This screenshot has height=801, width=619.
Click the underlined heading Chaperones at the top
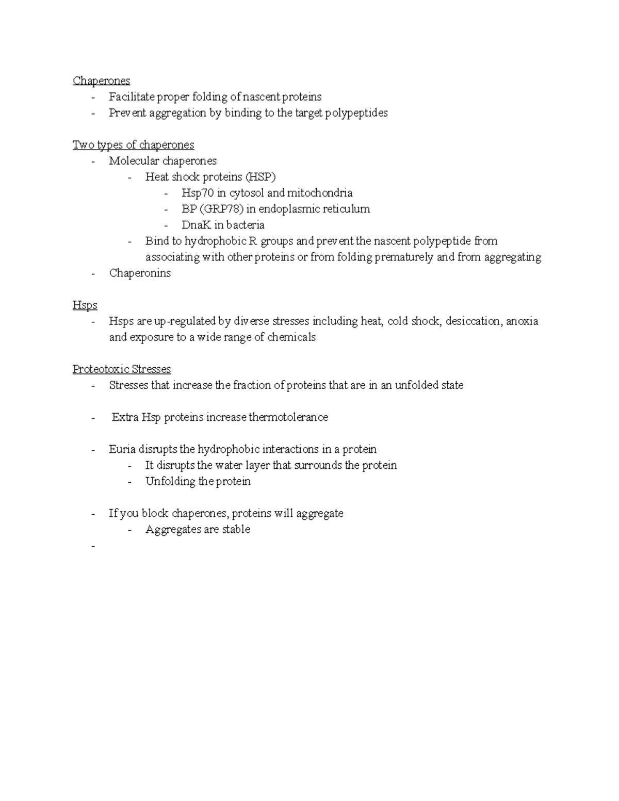[x=101, y=81]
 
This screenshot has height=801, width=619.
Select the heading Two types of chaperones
[x=133, y=145]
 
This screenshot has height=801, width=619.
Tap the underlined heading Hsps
[x=85, y=305]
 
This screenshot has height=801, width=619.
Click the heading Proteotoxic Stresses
[x=121, y=369]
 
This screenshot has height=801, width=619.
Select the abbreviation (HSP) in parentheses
[x=260, y=177]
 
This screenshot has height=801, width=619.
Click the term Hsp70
[x=197, y=193]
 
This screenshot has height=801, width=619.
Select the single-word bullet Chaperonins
[x=140, y=273]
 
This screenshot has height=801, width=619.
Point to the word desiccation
[x=473, y=321]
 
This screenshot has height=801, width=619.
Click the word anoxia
[x=522, y=321]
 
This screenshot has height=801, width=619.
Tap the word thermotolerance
[x=288, y=417]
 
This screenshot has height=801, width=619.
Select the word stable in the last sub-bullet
[x=236, y=529]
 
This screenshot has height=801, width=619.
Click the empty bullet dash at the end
[x=93, y=546]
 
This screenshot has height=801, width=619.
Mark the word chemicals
[x=291, y=337]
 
